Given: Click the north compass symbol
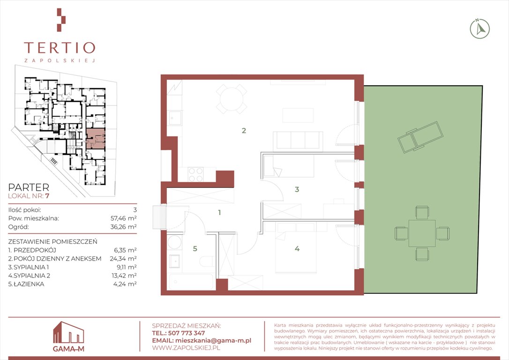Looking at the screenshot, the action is tap(480, 29).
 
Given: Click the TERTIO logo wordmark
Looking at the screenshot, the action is tap(60, 48).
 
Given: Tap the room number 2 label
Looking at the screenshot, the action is tap(244, 130).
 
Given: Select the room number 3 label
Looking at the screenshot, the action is tap(297, 189).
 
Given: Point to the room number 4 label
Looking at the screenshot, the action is tap(297, 248).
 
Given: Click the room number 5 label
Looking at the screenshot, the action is tap(195, 248).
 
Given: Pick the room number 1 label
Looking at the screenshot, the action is tap(220, 213).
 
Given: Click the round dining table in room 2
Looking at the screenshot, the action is tap(231, 99).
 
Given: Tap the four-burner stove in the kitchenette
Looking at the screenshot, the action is tap(196, 174).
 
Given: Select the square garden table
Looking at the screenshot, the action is tap(422, 233).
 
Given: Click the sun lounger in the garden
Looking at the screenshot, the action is tap(420, 137).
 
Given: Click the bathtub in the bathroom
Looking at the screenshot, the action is tap(192, 281).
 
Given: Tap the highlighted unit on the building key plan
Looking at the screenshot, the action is tap(96, 138).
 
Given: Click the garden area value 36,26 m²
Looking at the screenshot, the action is tap(123, 226).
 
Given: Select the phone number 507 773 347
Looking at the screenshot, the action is tap(187, 333).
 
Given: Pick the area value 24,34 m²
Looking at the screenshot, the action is tap(123, 258).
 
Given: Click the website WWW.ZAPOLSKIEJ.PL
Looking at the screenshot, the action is tap(186, 348).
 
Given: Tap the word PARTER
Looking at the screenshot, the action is tap(29, 187).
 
